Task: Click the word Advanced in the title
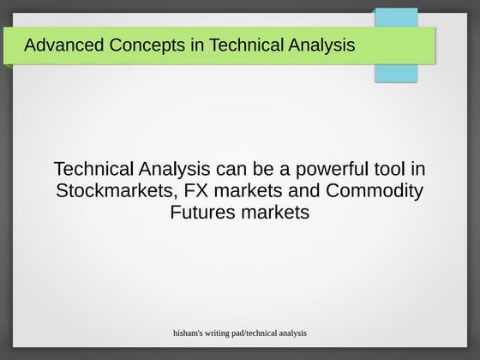[x=59, y=45]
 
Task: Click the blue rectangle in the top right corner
[x=396, y=45]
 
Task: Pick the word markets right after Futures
[x=274, y=212]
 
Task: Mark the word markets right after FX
[x=239, y=190]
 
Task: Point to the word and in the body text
[x=302, y=190]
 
